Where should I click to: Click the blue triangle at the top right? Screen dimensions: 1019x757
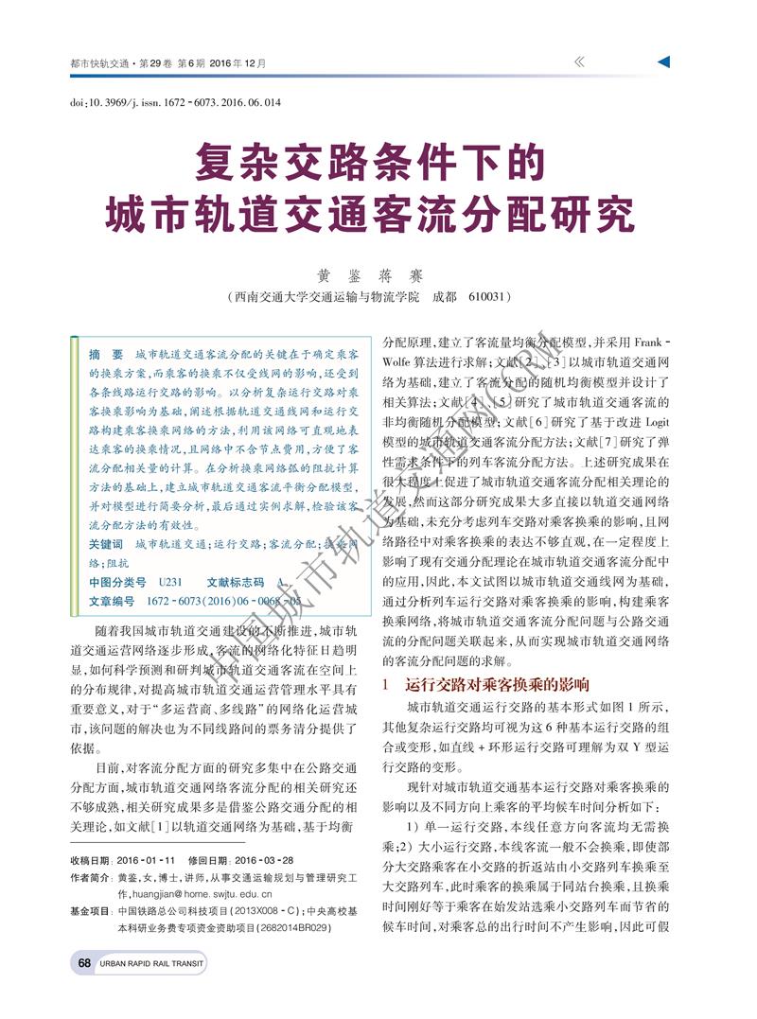pyautogui.click(x=663, y=61)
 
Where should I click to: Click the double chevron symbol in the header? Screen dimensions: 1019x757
pyautogui.click(x=579, y=61)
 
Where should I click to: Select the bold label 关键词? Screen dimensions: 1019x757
pyautogui.click(x=105, y=545)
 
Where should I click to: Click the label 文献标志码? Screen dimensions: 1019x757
pyautogui.click(x=234, y=582)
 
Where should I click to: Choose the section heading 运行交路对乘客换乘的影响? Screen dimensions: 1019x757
pyautogui.click(x=497, y=683)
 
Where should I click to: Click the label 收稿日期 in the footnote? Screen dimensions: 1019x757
pyautogui.click(x=92, y=860)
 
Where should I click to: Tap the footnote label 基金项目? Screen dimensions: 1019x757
pyautogui.click(x=92, y=910)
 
